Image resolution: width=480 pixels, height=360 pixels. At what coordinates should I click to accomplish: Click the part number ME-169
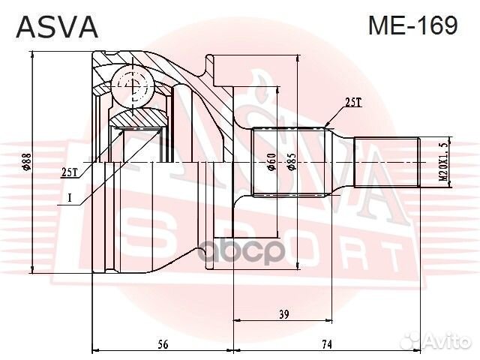coord(412,25)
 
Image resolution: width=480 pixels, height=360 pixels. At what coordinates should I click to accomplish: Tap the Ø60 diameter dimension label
coord(271,163)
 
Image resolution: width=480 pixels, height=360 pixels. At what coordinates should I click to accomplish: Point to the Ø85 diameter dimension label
coord(290,163)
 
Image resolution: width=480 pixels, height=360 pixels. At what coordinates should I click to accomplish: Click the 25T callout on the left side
coord(69,172)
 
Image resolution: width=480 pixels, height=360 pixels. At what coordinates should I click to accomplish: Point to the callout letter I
coord(69,198)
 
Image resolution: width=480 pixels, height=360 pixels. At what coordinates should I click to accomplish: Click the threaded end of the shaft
coord(385,163)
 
